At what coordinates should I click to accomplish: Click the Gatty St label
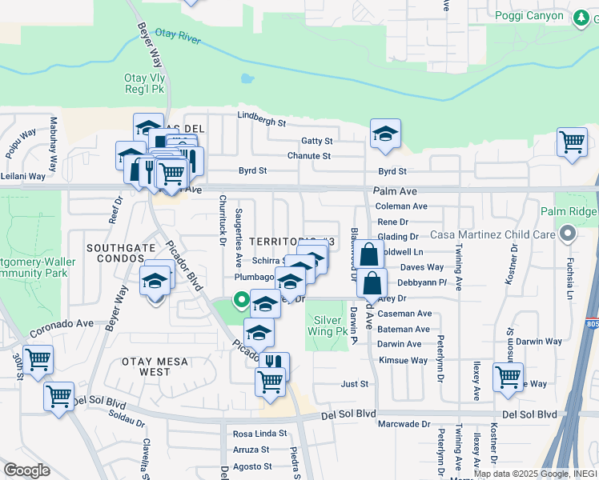[316, 141]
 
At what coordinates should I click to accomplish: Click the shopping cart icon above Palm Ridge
[572, 143]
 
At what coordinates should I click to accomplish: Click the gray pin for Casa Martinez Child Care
[568, 234]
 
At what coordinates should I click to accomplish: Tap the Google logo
[26, 470]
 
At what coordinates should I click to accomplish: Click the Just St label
[354, 384]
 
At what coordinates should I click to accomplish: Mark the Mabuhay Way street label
[54, 144]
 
